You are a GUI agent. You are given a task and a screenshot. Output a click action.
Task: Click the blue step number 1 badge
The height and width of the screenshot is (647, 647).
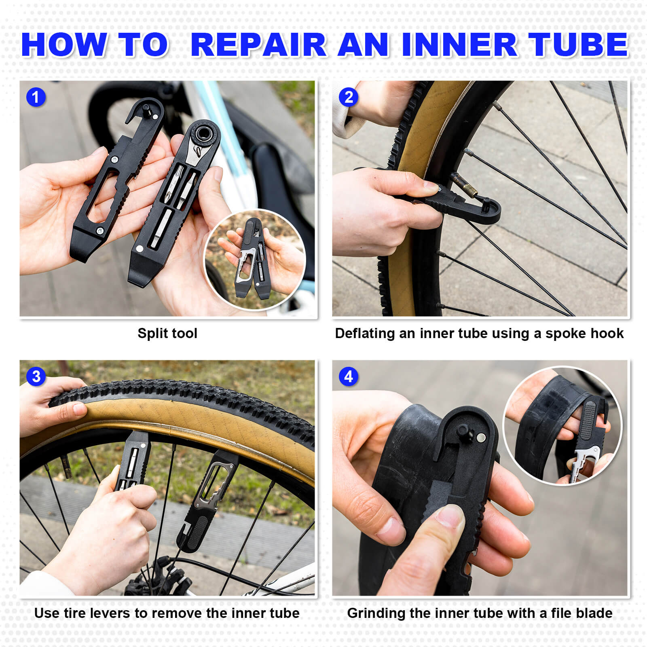36,97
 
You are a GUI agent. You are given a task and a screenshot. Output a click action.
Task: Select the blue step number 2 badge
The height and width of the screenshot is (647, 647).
348,97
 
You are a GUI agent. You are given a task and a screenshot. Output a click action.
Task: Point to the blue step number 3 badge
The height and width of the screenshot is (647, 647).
36,376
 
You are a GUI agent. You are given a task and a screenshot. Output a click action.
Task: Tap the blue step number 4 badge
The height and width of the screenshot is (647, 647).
348,376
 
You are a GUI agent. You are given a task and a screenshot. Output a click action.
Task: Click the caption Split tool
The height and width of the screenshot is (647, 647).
167,333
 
